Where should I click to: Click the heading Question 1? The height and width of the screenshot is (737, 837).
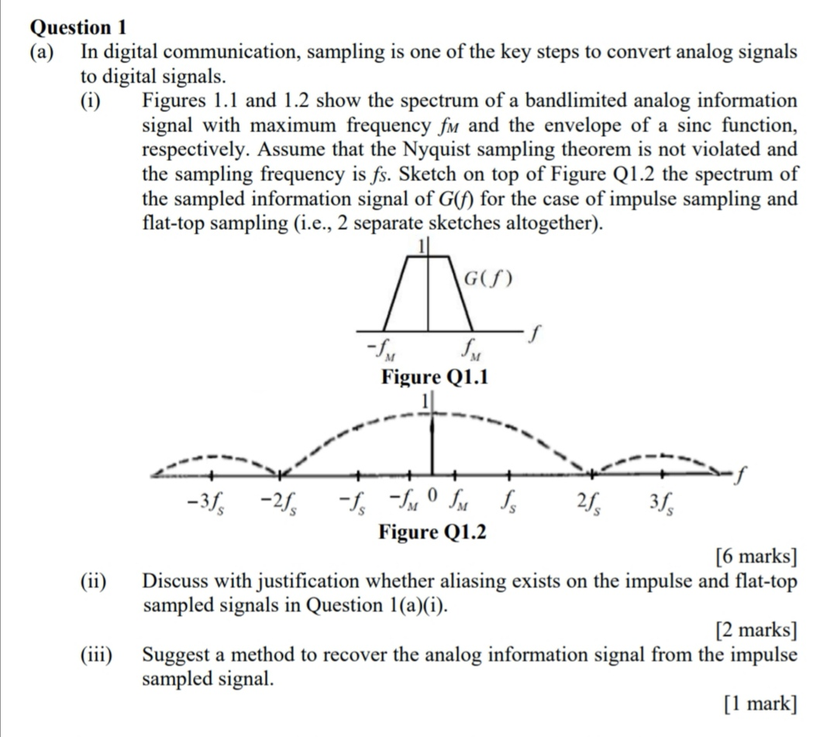pos(77,27)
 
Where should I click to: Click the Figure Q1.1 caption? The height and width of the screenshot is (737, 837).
pos(434,377)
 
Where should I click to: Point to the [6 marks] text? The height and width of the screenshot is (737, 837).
pos(756,556)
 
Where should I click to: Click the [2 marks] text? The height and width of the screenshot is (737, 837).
pos(756,630)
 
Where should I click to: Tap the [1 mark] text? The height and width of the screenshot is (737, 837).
pos(759,704)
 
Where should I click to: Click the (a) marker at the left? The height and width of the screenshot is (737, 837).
pos(43,52)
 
